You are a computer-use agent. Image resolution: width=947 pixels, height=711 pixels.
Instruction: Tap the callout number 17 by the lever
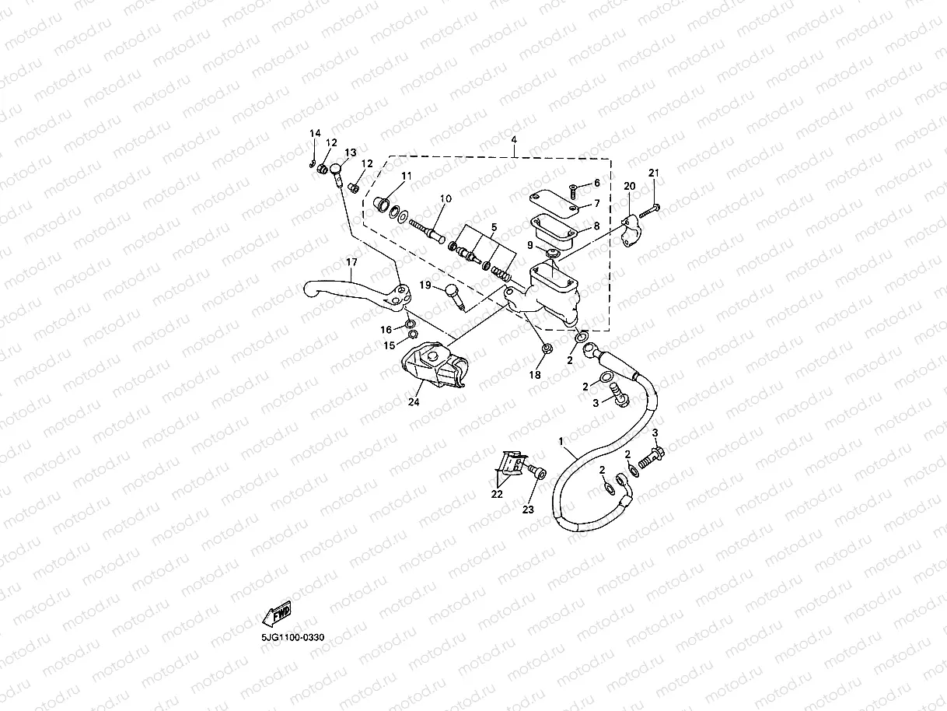pos(351,262)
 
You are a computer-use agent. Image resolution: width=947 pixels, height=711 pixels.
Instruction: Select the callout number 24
pos(414,402)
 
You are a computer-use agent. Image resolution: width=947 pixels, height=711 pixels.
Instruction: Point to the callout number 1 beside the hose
pos(561,441)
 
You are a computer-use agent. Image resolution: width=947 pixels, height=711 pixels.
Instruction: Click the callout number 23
pos(528,510)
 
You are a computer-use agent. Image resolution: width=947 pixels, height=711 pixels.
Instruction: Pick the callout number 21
pos(653,173)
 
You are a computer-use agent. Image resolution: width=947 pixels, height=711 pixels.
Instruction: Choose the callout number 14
pos(314,134)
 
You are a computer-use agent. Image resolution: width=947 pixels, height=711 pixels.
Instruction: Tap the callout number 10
pos(444,199)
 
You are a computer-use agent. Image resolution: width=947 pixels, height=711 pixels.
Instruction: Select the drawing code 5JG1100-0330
pos(292,637)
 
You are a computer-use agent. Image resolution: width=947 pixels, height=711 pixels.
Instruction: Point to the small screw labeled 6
pos(573,187)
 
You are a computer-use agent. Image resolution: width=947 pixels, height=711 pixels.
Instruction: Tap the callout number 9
pos(529,245)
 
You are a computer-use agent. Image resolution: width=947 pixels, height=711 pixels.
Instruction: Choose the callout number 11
pos(405,177)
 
